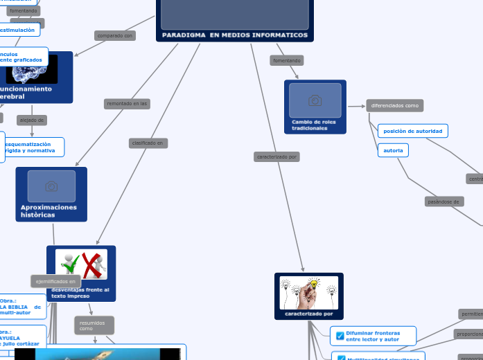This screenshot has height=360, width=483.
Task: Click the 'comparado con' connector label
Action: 115,35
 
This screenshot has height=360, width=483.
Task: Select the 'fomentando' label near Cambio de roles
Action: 287,60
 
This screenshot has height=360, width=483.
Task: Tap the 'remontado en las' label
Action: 127,104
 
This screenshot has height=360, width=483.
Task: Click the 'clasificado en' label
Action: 148,143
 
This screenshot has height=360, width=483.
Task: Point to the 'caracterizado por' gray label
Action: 277,156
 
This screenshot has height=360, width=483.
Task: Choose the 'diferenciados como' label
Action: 394,105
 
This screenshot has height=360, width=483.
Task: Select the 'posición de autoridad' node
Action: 413,131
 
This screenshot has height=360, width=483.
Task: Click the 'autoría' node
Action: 393,150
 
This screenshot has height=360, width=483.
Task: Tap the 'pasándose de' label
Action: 444,201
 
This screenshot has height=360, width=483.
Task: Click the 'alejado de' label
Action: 32,120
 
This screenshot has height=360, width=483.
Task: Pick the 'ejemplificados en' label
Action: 55,281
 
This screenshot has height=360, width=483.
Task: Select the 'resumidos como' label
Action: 94,325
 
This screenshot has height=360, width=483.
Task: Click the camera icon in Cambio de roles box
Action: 315,101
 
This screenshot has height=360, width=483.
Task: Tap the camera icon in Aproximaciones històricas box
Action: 51,186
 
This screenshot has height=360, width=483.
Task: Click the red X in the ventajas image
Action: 94,266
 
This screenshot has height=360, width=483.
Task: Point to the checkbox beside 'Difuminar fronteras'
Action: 340,336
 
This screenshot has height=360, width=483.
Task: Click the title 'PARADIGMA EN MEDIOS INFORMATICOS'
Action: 235,35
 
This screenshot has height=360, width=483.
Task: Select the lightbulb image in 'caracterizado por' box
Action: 309,292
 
